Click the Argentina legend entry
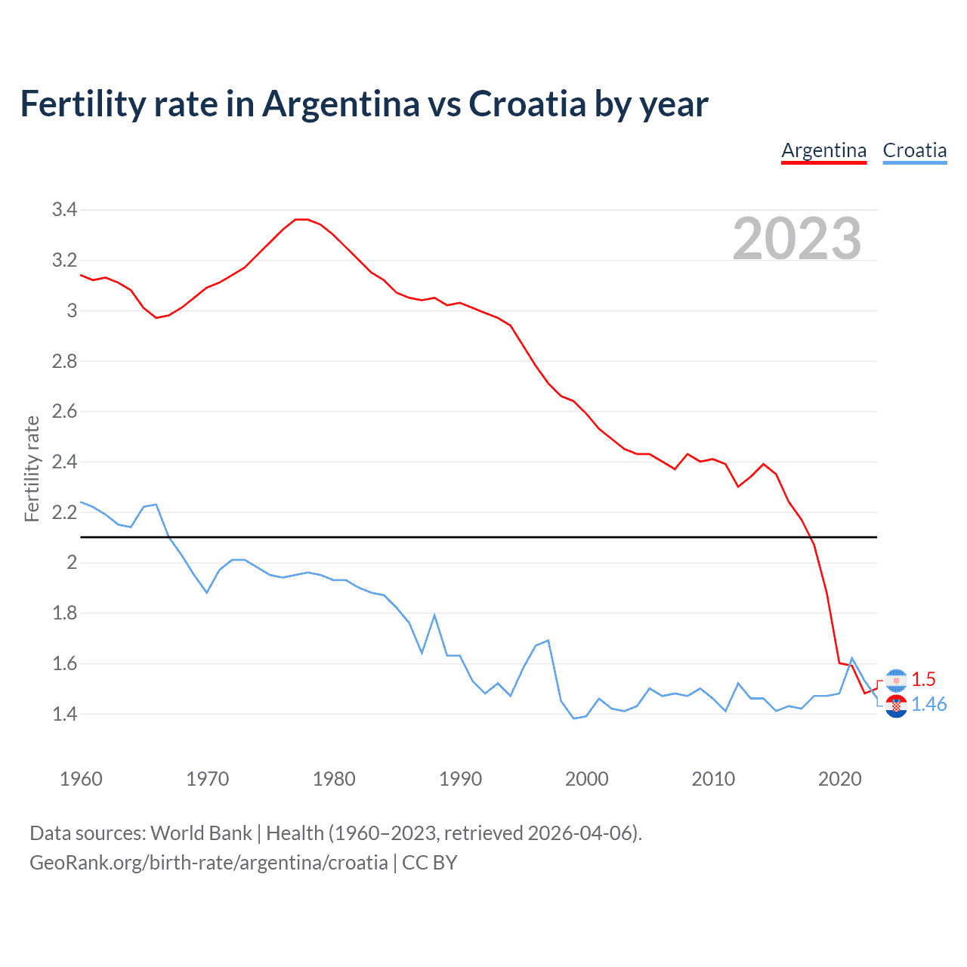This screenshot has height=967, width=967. click(x=823, y=150)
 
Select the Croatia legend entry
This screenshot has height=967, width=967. click(x=914, y=150)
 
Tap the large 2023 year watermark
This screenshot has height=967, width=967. click(x=797, y=239)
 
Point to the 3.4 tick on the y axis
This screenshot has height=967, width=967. click(x=64, y=210)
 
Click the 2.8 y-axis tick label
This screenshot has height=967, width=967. click(x=64, y=361)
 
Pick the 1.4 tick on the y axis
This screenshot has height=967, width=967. click(x=64, y=714)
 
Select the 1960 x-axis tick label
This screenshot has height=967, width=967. click(x=81, y=779)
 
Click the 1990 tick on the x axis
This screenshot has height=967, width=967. click(x=460, y=779)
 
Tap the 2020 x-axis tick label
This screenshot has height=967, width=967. click(x=839, y=779)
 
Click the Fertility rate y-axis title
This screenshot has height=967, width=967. click(x=32, y=468)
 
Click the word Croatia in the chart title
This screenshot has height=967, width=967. click(x=527, y=104)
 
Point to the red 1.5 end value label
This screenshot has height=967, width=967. click(x=923, y=679)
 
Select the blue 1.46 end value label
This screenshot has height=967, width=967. click(x=928, y=704)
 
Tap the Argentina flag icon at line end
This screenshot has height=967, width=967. click(x=896, y=680)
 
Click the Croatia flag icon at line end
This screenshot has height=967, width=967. click(x=896, y=706)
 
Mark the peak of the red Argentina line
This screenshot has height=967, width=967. click(x=301, y=219)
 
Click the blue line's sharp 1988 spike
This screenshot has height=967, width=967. click(x=434, y=616)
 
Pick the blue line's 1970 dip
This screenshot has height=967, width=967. click(x=207, y=592)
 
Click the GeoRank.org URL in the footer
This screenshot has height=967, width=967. click(x=209, y=863)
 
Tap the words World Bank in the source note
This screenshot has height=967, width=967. click(x=201, y=833)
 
